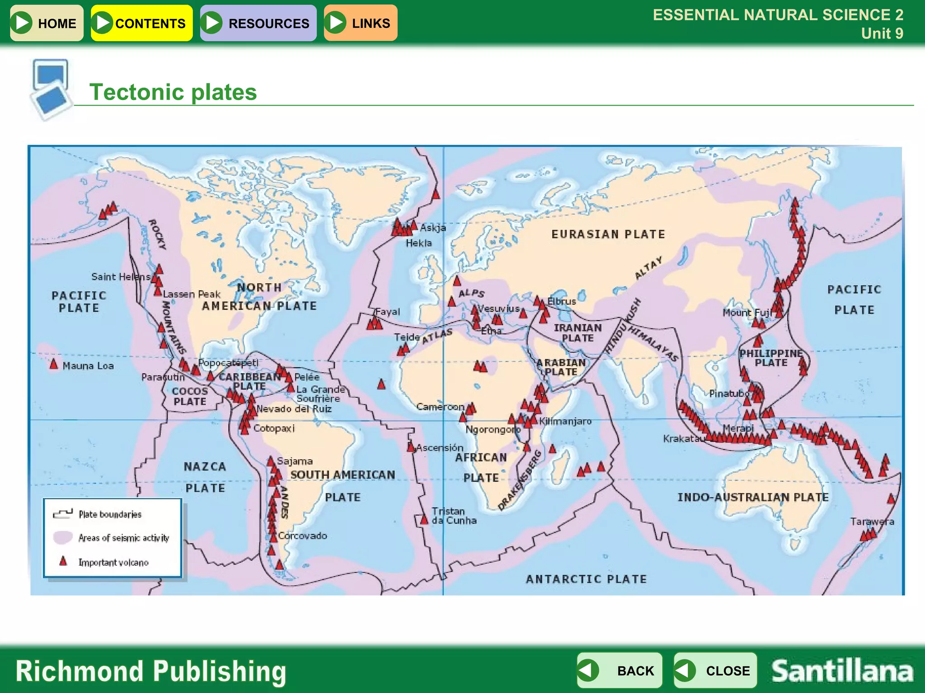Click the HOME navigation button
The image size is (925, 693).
[x=47, y=23]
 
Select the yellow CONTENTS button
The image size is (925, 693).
[x=141, y=23]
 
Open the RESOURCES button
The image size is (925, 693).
[x=258, y=23]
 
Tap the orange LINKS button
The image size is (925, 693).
[x=360, y=23]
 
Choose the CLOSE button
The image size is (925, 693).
[x=715, y=670]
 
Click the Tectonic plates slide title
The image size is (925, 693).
[x=173, y=92]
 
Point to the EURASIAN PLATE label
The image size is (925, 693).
[x=608, y=234]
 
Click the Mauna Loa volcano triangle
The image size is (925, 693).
[x=54, y=364]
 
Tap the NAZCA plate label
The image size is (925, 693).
[x=205, y=467]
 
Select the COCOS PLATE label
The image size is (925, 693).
[x=190, y=396]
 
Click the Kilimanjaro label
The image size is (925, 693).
[x=565, y=421]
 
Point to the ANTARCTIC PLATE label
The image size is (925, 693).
[x=586, y=579]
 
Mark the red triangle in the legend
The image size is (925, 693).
[x=63, y=561]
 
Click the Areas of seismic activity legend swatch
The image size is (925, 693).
[x=63, y=537]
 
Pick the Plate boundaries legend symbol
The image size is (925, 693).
[x=63, y=513]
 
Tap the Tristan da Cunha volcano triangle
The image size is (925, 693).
[x=424, y=520]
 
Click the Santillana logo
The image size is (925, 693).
[x=842, y=671]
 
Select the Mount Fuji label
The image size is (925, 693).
[x=746, y=312]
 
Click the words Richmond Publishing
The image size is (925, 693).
[x=151, y=671]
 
